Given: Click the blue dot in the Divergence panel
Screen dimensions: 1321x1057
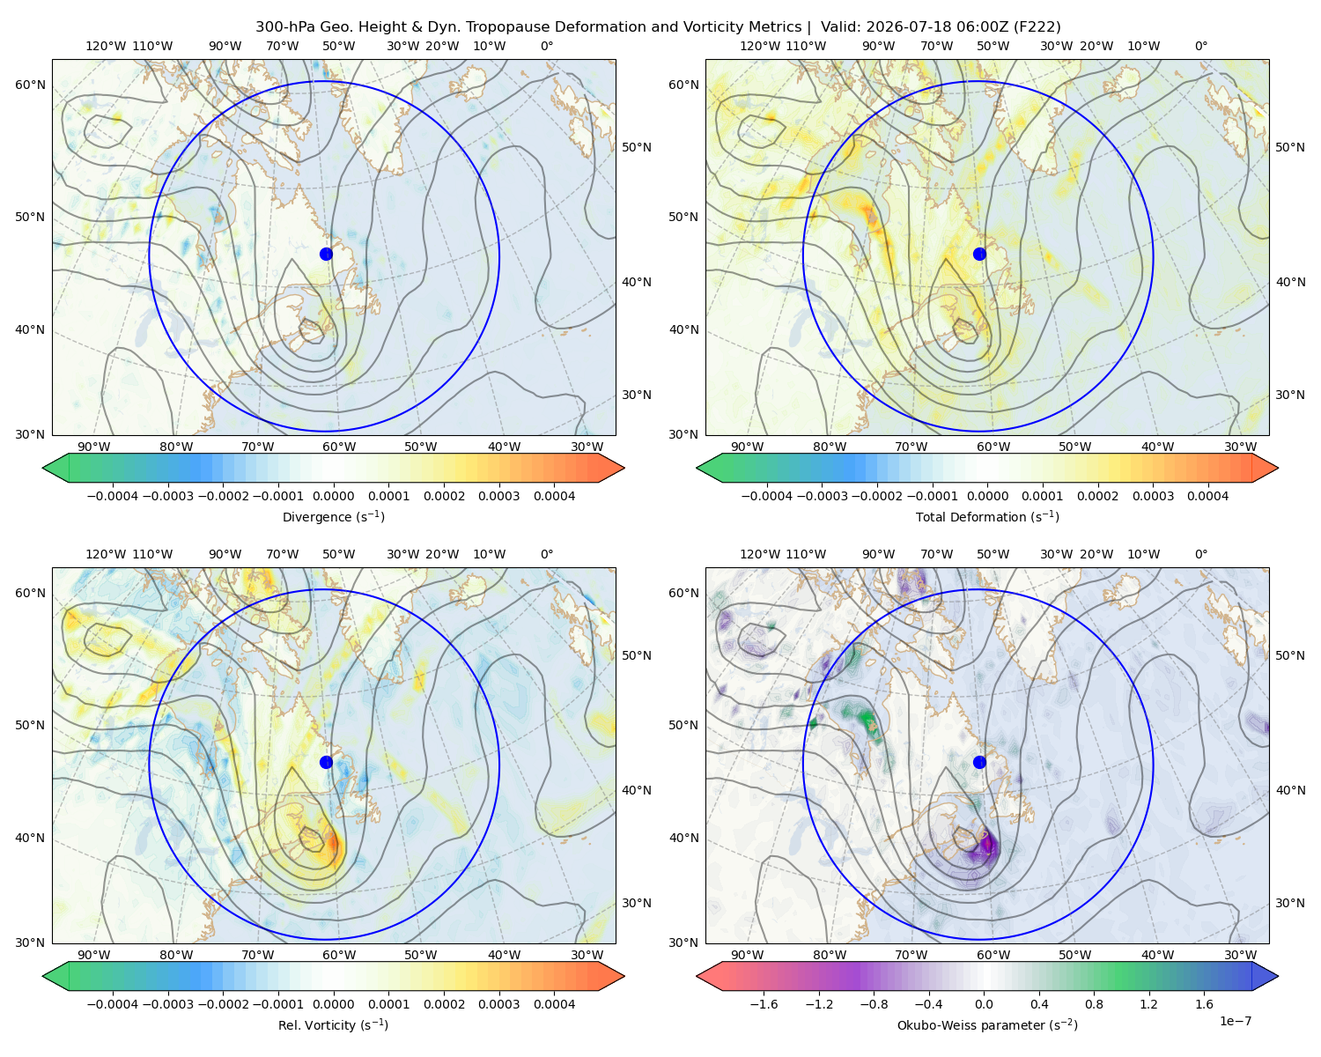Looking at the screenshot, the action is coord(326,254).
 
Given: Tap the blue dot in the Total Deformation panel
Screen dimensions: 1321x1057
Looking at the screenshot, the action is coord(979,254).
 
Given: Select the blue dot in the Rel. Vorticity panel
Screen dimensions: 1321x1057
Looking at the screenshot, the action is coord(326,762).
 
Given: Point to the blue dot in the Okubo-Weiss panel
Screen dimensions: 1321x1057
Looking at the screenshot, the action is coord(979,762).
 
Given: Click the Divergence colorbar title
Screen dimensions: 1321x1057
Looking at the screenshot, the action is coord(333,516).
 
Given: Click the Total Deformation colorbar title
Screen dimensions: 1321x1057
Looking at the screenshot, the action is coord(987,516).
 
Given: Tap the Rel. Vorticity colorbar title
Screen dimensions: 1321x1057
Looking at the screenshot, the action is coord(333,1024).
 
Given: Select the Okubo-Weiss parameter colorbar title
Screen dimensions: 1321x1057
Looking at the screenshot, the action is coord(987,1024).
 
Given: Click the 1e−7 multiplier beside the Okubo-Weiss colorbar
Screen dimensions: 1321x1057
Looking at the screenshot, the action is coord(1235,1021).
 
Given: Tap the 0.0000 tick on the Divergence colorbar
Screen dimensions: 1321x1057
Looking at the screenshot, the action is coord(333,496).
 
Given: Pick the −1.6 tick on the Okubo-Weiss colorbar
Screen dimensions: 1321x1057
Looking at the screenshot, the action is coord(764,1003).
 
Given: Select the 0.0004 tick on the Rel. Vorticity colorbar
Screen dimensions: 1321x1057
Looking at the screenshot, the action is coord(554,1003).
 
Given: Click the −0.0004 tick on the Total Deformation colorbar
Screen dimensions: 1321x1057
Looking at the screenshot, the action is coord(767,496).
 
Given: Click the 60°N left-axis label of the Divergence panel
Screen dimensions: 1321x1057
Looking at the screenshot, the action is coord(30,85).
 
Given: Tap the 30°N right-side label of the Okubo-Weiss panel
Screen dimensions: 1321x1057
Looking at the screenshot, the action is coord(1290,903).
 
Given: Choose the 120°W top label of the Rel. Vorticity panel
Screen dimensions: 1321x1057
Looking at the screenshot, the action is coord(106,554).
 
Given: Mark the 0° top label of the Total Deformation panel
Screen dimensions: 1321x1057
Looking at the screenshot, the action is coord(1200,46).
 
